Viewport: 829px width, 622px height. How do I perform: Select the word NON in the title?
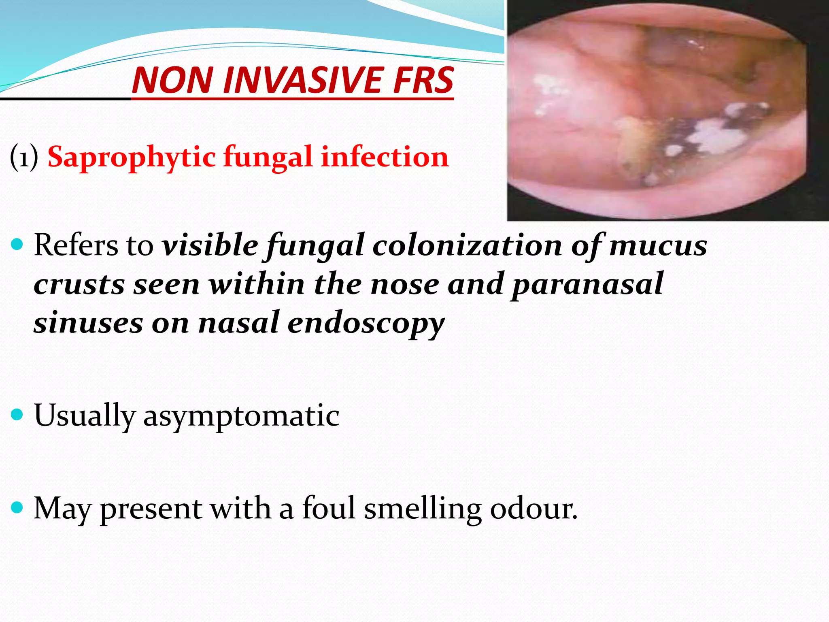tap(172, 80)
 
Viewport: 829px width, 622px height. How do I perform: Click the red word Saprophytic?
tap(131, 157)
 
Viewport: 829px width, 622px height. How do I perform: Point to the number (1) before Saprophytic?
tap(24, 157)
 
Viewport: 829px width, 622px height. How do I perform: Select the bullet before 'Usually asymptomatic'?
tap(17, 415)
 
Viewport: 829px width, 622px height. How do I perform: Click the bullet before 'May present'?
tap(17, 507)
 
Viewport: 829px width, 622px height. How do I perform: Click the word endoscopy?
tap(366, 323)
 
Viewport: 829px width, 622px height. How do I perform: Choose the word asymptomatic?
tap(241, 415)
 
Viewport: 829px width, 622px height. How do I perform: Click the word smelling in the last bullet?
tap(423, 508)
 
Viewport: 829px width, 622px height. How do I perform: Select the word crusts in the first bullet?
tap(79, 284)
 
